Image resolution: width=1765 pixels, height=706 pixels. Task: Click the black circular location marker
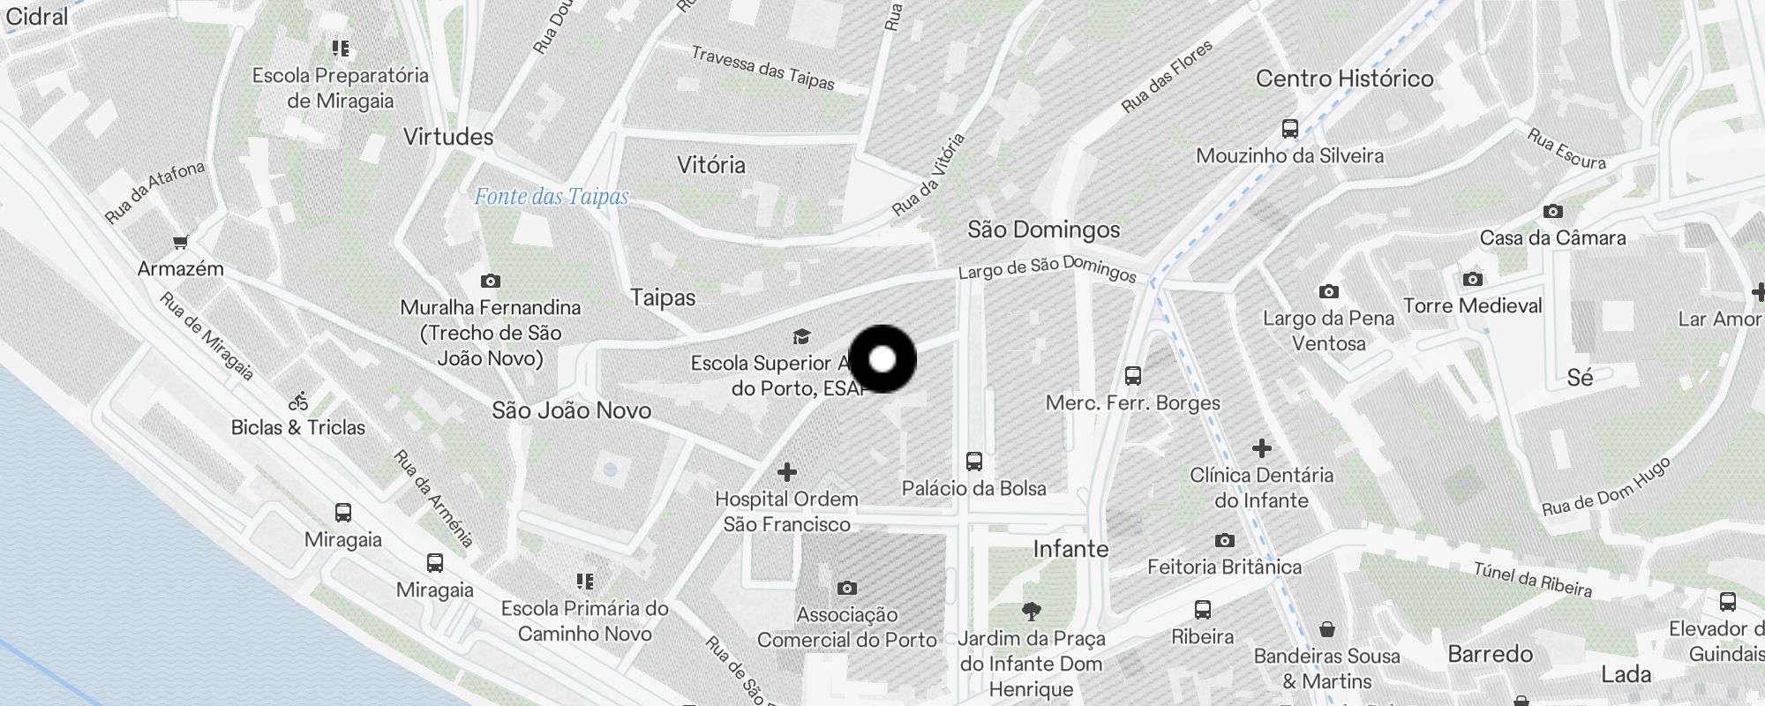pos(882,359)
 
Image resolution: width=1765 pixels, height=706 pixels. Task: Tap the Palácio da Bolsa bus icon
pos(974,462)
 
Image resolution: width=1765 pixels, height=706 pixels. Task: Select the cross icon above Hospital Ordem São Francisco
pos(787,472)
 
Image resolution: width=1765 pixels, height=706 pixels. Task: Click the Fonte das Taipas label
pos(552,196)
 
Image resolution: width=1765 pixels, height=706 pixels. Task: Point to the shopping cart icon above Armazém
pos(181,242)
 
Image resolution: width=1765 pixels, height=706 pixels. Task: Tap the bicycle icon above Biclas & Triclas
pos(298,402)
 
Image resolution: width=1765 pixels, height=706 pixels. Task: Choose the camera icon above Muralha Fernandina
pos(491,282)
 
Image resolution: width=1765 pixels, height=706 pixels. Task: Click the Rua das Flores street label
pos(1167,76)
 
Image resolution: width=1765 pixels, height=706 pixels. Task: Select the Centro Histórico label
pos(1344,79)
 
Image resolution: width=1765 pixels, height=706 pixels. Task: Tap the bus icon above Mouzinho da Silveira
pos(1290,129)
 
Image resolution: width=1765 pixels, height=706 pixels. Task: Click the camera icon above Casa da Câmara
pos(1553,212)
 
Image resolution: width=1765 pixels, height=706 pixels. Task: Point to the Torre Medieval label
pos(1472,306)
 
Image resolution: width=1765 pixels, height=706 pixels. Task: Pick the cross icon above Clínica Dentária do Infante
pos(1262,448)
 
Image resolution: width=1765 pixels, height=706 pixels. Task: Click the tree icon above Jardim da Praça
pos(1031,611)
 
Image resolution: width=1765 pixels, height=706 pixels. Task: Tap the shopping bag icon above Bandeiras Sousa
pos(1327,629)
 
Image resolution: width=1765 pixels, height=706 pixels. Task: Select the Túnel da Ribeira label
pos(1533,580)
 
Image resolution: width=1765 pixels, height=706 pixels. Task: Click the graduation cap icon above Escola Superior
pos(801,336)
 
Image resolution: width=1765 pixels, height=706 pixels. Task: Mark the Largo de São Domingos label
pos(1048,267)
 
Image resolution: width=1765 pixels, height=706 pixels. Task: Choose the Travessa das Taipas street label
pos(762,68)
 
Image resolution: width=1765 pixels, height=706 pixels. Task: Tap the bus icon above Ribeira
pos(1202,610)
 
